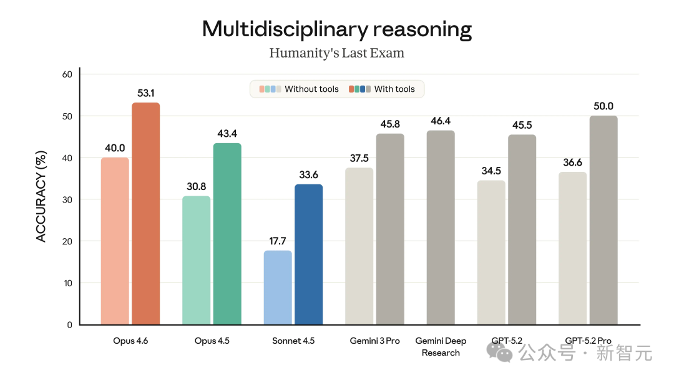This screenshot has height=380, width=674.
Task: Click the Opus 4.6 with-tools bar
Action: pyautogui.click(x=145, y=214)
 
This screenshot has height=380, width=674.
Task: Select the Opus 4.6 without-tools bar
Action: pyautogui.click(x=115, y=241)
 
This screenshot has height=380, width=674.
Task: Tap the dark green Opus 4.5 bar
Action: pyautogui.click(x=227, y=234)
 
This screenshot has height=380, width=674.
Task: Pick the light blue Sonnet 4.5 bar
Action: pyautogui.click(x=278, y=287)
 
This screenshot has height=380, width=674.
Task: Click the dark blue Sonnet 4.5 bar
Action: pyautogui.click(x=308, y=254)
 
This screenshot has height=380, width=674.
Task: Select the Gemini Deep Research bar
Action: pyautogui.click(x=441, y=227)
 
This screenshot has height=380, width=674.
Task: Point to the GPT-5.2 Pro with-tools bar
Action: pyautogui.click(x=603, y=220)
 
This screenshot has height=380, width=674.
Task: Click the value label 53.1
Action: pyautogui.click(x=145, y=94)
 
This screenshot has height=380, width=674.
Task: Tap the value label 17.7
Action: pyautogui.click(x=278, y=241)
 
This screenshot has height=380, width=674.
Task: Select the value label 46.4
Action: pyautogui.click(x=441, y=121)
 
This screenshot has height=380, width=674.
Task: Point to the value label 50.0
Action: pyautogui.click(x=603, y=106)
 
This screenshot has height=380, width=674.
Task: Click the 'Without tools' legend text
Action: pyautogui.click(x=311, y=89)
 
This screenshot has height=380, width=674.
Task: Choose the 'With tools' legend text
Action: pyautogui.click(x=394, y=89)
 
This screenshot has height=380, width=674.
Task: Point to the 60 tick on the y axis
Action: pyautogui.click(x=67, y=74)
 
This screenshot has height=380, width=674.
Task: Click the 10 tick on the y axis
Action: pyautogui.click(x=67, y=283)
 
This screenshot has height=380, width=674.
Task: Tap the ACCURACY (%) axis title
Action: pyautogui.click(x=41, y=196)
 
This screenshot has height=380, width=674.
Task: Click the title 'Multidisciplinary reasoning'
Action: pyautogui.click(x=337, y=29)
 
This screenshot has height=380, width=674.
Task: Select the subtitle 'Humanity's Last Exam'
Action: pyautogui.click(x=337, y=53)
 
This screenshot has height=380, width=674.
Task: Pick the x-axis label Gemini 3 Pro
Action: pyautogui.click(x=374, y=341)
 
